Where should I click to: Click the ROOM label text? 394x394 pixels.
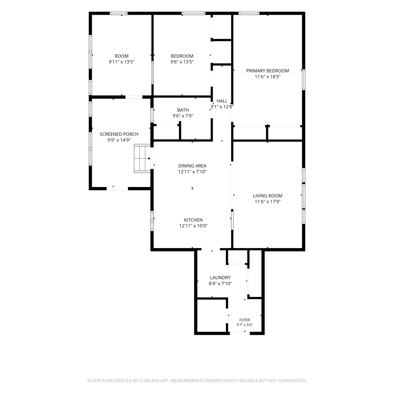click(122, 56)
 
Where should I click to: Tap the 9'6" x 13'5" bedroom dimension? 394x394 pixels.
click(182, 62)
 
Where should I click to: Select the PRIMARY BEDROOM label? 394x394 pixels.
click(267, 71)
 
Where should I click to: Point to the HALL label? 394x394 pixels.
click(222, 101)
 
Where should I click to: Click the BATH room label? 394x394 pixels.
click(183, 110)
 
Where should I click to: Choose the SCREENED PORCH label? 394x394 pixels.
click(119, 134)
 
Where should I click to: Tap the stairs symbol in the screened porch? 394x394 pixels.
click(142, 158)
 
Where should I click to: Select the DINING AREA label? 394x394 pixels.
click(192, 166)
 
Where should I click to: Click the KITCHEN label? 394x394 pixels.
click(193, 220)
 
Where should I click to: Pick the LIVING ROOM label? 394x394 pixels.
click(267, 196)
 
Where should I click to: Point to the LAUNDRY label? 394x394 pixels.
click(220, 278)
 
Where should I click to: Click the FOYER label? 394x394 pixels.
click(245, 320)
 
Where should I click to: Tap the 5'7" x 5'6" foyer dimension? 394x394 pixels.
click(245, 325)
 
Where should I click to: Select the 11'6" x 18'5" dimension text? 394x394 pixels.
click(268, 77)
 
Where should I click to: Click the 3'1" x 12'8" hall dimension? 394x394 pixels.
click(222, 107)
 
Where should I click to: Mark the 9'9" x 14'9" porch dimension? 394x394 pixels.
click(119, 140)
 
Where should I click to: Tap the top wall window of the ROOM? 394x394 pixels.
click(119, 13)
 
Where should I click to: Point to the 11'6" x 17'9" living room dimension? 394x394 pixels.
click(268, 202)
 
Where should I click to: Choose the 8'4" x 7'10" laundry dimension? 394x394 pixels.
click(220, 284)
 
